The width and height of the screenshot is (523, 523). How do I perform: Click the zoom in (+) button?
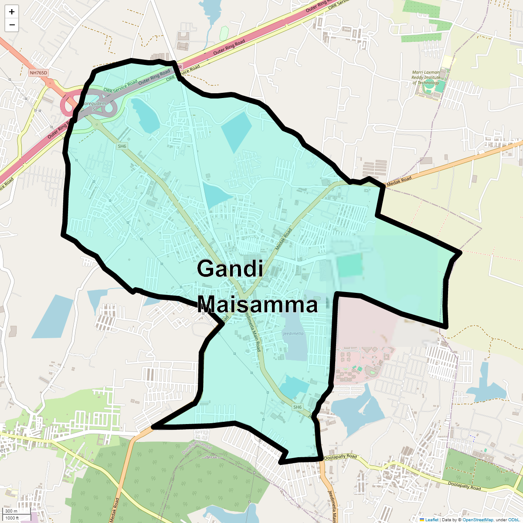12,12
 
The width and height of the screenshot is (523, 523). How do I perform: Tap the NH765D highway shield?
38,73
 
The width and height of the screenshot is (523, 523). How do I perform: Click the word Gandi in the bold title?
230,268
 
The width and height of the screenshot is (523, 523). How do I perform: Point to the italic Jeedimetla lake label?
293,333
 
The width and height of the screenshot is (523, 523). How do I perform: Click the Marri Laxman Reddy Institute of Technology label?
426,78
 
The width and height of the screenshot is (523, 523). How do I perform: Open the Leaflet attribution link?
431,520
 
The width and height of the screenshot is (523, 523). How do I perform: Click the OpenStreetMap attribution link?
478,520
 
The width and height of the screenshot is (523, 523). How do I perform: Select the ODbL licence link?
513,520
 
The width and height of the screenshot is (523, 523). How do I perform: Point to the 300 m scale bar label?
11,511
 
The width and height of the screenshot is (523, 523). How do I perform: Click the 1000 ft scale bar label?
12,518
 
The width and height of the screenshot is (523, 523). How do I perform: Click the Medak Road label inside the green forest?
114,510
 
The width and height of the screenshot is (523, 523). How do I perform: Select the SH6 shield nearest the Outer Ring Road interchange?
122,146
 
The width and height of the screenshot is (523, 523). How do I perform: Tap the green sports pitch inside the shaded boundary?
350,265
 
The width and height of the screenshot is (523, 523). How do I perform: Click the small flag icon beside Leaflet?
421,520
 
